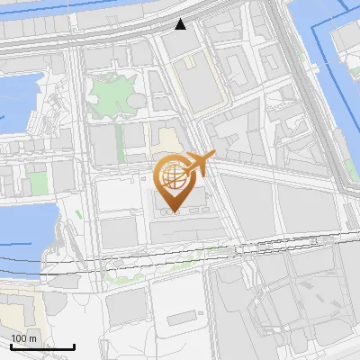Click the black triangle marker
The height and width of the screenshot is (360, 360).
[181, 24]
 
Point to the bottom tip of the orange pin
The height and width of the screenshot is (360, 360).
[173, 212]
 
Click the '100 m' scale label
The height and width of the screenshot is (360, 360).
[23, 338]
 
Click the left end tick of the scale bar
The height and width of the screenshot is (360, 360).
[11, 346]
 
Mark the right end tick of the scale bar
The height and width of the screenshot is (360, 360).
[74, 346]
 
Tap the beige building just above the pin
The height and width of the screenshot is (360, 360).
[166, 139]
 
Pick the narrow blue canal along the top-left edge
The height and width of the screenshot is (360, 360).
[54, 11]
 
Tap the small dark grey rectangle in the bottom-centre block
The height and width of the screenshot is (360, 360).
[184, 317]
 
